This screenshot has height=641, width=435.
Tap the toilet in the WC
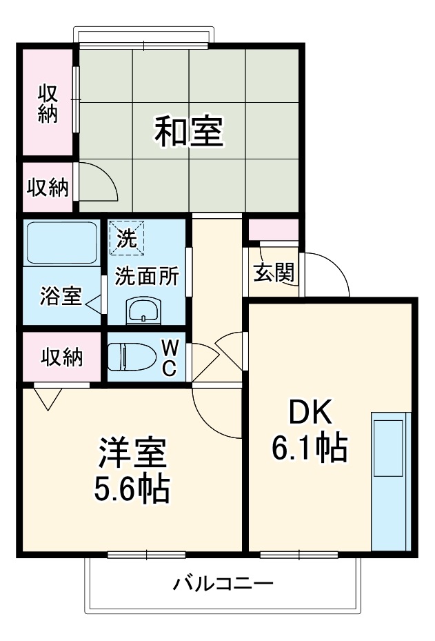click(131, 357)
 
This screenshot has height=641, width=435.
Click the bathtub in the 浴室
click(61, 243)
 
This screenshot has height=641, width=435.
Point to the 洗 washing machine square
click(127, 237)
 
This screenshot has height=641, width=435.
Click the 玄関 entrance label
click(274, 273)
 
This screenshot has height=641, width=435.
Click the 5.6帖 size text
click(132, 489)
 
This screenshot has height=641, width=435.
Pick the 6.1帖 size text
click(309, 450)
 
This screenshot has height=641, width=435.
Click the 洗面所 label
click(147, 276)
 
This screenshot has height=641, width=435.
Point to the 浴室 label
click(61, 297)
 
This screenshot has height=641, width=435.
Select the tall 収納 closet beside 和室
click(47, 103)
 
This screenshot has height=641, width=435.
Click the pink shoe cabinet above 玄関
click(273, 228)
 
